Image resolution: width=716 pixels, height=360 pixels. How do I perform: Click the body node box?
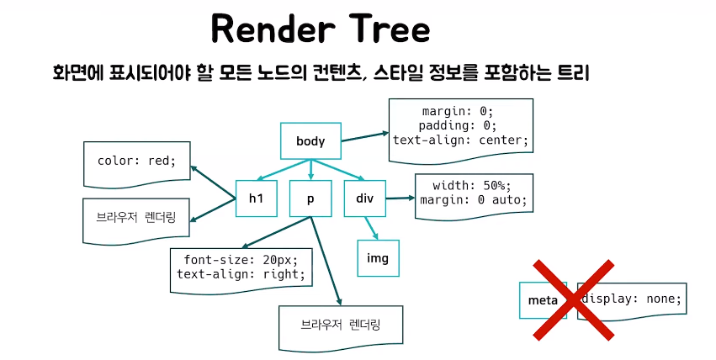[x=310, y=140]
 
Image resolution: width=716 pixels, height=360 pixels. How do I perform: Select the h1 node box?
[x=256, y=199]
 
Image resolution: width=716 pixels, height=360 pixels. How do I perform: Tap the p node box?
[x=310, y=199]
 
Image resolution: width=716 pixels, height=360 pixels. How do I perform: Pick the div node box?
[x=363, y=199]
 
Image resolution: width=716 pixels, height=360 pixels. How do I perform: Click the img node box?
[x=378, y=257]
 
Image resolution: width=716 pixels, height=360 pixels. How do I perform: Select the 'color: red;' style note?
[x=136, y=161]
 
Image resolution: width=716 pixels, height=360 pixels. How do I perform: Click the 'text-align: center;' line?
[x=460, y=140]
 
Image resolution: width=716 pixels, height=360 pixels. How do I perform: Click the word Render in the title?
[x=268, y=29]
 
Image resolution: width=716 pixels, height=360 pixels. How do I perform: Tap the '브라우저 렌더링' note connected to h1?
[x=136, y=216]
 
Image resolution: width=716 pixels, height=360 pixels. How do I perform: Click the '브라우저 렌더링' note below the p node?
[x=340, y=324]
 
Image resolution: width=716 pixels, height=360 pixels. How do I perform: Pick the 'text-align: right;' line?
[x=241, y=273]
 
